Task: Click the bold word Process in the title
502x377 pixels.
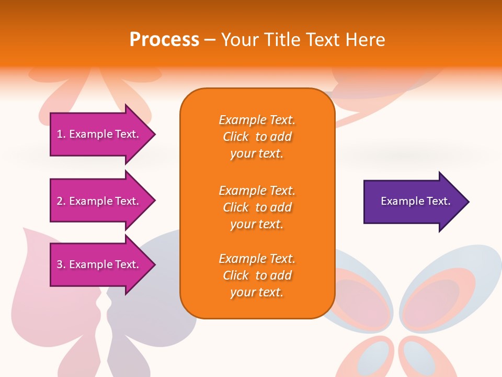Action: (x=164, y=40)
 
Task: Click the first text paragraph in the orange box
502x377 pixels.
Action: (x=257, y=137)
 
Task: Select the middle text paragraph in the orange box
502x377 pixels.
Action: (x=257, y=207)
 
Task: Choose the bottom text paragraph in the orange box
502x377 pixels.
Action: (x=257, y=275)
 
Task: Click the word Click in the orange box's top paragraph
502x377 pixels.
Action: (x=236, y=137)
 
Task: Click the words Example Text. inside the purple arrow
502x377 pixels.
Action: (x=415, y=201)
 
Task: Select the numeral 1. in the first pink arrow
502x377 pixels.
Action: (x=61, y=134)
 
